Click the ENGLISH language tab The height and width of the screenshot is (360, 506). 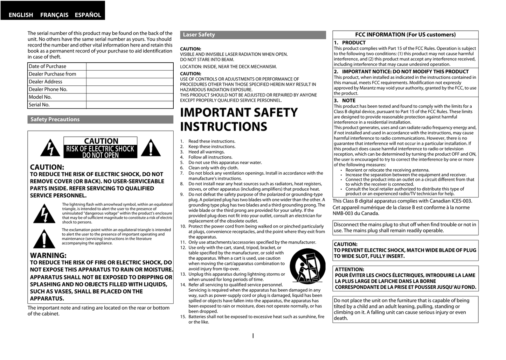click(x=21, y=15)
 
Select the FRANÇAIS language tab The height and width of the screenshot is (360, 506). click(x=54, y=15)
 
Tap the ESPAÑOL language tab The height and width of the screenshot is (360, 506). click(x=88, y=15)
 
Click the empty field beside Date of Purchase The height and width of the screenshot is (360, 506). click(x=130, y=66)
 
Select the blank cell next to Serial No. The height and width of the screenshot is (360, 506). click(x=130, y=105)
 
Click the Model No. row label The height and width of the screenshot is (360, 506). click(x=40, y=97)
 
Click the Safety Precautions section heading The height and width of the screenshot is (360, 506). click(x=55, y=119)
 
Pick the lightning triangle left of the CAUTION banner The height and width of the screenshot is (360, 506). click(x=50, y=148)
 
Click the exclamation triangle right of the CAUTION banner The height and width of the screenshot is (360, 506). click(x=150, y=148)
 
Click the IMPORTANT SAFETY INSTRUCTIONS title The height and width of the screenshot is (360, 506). click(x=239, y=119)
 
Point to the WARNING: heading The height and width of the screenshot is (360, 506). click(x=48, y=255)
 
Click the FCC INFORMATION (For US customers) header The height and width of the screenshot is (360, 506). click(x=405, y=35)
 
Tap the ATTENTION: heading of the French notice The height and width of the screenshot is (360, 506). click(x=349, y=269)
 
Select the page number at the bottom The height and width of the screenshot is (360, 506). click(x=253, y=336)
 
